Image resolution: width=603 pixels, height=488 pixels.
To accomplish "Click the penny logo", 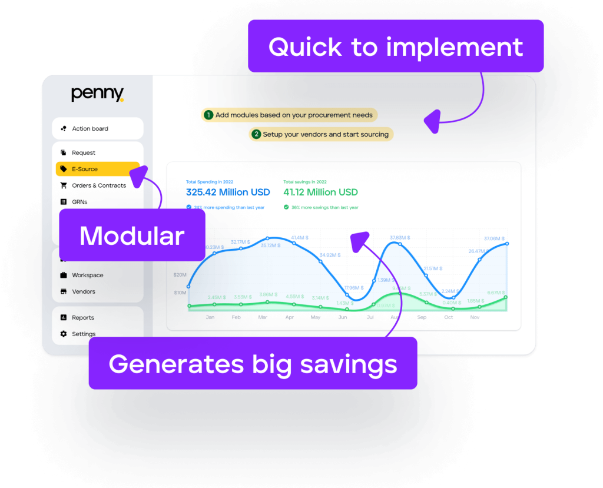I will click(97, 94).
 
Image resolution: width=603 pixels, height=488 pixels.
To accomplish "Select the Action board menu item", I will click(90, 128).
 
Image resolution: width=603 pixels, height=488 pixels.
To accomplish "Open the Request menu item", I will click(84, 152).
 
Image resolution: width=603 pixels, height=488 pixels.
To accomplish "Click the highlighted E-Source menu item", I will click(85, 169).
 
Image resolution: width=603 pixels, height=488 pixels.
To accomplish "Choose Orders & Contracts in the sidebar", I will click(99, 185).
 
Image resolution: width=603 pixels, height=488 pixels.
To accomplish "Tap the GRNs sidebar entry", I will click(79, 202).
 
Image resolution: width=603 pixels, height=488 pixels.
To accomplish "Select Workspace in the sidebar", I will click(87, 275).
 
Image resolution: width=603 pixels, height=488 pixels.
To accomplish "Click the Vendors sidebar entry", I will click(84, 291).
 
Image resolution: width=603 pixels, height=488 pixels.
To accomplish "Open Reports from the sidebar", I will click(83, 317).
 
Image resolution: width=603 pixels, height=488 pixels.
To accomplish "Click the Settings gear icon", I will click(64, 334).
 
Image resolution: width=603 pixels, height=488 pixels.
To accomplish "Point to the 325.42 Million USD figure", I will click(228, 192).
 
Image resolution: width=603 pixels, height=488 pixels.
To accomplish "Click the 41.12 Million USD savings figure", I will click(320, 192).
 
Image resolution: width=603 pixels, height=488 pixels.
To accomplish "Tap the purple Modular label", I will click(132, 235).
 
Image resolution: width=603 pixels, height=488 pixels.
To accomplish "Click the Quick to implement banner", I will click(395, 47).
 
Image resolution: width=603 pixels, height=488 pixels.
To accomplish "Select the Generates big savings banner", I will click(253, 363).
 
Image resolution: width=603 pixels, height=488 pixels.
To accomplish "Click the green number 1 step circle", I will click(208, 115).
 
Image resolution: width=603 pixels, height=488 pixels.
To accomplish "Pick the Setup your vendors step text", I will click(326, 134).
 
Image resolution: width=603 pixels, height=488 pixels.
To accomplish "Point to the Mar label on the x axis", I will click(263, 317).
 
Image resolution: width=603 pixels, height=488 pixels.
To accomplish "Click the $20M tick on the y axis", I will click(180, 275).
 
